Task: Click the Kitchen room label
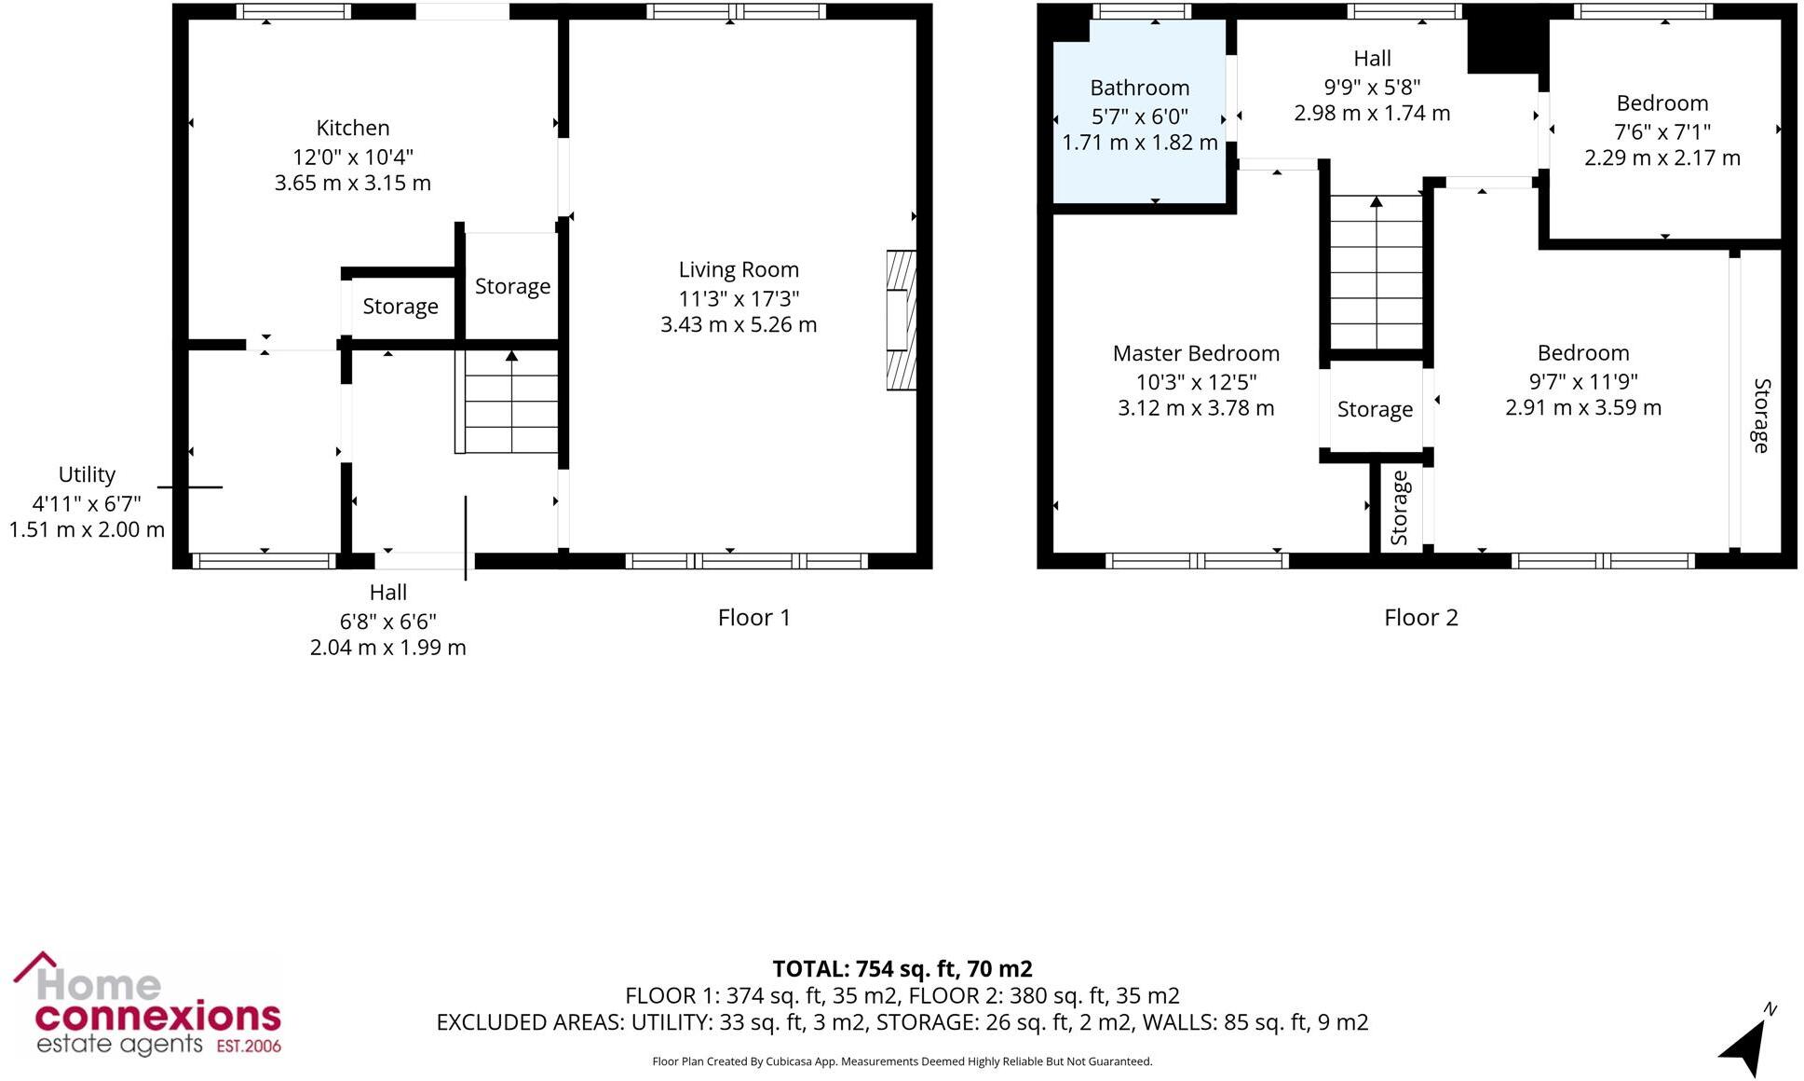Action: click(352, 128)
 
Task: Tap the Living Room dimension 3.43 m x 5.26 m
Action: click(738, 324)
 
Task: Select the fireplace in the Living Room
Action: click(900, 320)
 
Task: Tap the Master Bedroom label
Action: click(1196, 353)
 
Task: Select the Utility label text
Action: click(87, 474)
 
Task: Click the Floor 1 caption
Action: click(753, 617)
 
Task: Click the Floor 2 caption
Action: click(1420, 617)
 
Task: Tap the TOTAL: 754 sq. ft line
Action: click(902, 969)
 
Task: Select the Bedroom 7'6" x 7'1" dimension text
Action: click(1662, 131)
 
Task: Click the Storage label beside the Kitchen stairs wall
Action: click(512, 286)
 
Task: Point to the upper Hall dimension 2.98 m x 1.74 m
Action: click(1371, 113)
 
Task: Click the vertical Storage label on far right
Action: click(1760, 416)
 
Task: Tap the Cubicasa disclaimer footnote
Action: click(902, 1061)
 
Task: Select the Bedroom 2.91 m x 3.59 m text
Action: click(1582, 407)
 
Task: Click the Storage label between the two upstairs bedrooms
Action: click(1375, 409)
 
